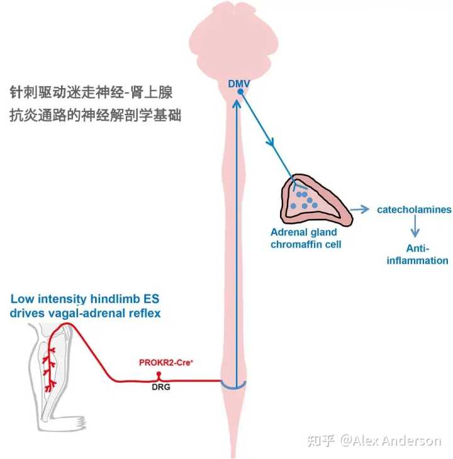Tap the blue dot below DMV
[x=239, y=94]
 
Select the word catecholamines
[x=413, y=210]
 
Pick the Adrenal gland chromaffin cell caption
[x=306, y=238]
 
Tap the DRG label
[x=161, y=387]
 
